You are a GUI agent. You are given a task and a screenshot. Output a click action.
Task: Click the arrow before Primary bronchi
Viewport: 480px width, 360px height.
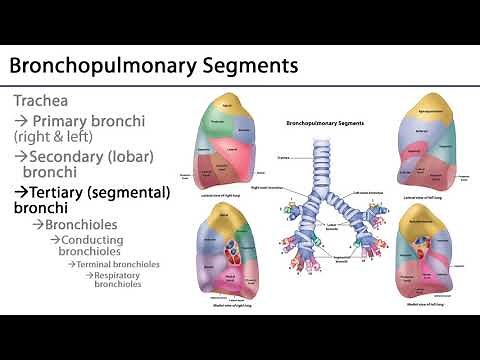pos(20,121)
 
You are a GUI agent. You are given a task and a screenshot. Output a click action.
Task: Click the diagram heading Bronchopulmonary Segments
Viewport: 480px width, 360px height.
pos(324,123)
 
